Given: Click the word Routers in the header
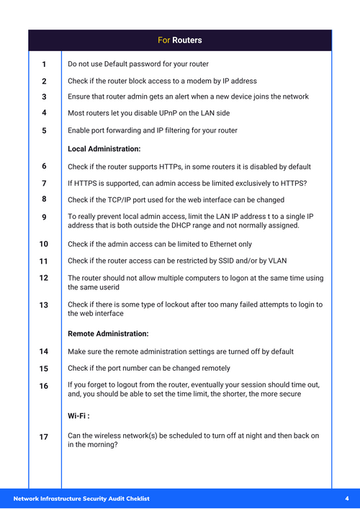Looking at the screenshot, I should [x=187, y=40].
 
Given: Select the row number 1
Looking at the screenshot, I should [x=44, y=65].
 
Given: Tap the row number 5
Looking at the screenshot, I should [x=44, y=131].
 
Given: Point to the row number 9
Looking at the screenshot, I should [x=44, y=217].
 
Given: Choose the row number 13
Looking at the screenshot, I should [x=44, y=305].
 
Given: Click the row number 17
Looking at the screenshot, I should [x=44, y=437].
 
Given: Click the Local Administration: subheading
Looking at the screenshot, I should [x=104, y=149].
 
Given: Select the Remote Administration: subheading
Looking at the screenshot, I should [x=108, y=334].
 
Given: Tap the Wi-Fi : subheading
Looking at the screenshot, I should [x=78, y=416].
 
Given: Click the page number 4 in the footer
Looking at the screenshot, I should [x=346, y=499].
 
